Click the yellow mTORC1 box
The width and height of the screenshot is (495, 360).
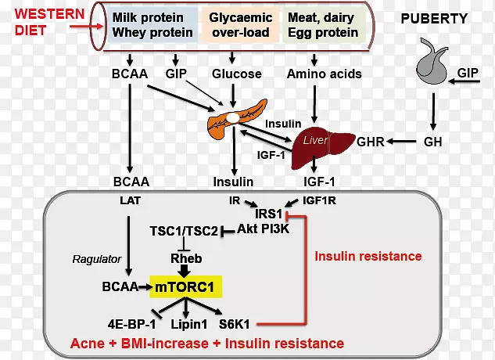pyautogui.click(x=187, y=288)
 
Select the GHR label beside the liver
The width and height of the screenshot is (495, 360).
pyautogui.click(x=371, y=143)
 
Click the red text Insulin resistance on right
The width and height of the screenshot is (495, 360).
pyautogui.click(x=368, y=256)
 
